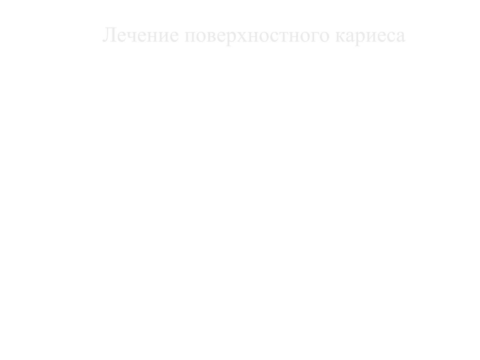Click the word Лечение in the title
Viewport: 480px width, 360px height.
(140, 35)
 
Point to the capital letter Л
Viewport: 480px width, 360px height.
(109, 35)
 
